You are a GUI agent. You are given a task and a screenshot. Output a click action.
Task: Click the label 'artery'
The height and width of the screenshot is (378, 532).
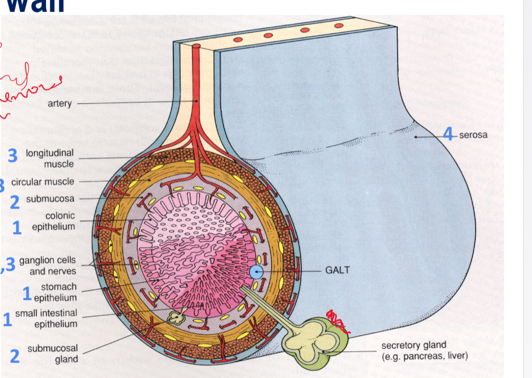tap(59, 104)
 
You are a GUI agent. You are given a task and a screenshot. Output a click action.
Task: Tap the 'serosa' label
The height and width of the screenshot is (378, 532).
tap(473, 135)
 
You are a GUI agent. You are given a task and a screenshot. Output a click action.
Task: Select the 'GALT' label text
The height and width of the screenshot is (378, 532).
tap(337, 270)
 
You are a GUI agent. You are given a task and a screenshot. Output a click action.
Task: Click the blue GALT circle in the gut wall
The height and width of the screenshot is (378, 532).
tap(257, 272)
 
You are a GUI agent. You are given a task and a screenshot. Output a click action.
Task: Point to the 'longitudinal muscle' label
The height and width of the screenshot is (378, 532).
tap(50, 159)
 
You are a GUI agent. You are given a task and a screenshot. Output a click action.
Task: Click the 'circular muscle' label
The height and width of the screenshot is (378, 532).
tap(43, 182)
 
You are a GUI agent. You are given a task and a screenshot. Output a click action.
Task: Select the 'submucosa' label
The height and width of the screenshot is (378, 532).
tap(50, 199)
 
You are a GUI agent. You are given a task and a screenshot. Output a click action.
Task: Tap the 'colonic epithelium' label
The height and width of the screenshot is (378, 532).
tap(54, 221)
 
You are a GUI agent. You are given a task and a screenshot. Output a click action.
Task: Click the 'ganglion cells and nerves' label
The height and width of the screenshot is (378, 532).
tap(47, 266)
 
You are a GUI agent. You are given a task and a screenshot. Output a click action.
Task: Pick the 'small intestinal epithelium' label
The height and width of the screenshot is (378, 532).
tap(46, 319)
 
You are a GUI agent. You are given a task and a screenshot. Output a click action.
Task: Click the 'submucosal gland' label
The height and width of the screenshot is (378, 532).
tap(53, 354)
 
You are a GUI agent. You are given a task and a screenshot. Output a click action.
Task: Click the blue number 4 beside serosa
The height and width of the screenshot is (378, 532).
tap(449, 134)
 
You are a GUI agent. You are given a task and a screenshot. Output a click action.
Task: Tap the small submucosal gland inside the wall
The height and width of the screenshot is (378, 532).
tap(174, 317)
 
